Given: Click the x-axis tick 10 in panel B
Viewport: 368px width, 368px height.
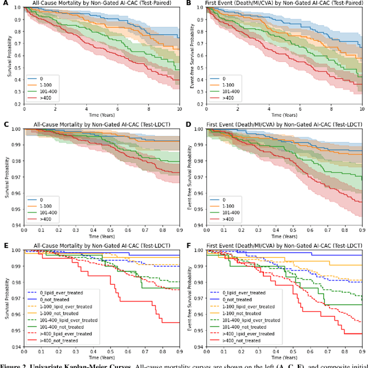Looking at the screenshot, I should (x=361, y=109).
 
